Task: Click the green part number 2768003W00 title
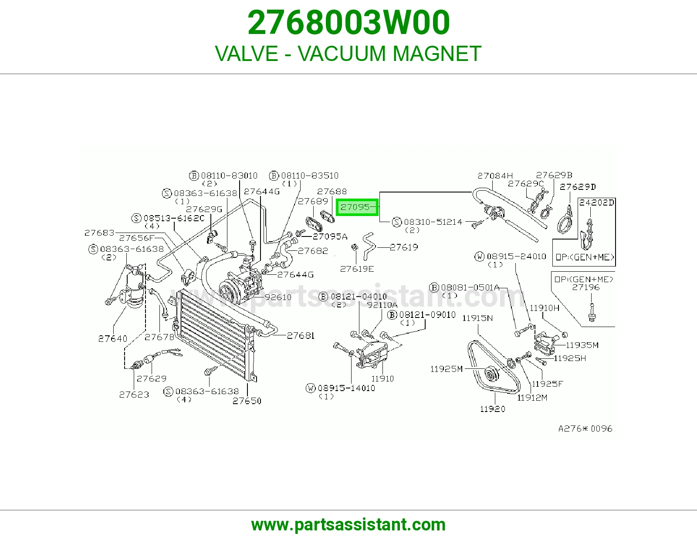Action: point(348,23)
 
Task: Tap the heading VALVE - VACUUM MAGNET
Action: point(348,53)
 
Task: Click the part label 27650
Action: point(247,401)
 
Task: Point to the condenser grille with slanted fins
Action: point(213,334)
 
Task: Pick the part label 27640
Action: point(112,339)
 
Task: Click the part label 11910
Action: point(382,379)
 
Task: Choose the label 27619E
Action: point(357,269)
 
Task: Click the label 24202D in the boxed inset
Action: point(596,202)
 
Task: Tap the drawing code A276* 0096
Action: point(585,429)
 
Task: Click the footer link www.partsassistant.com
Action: point(348,525)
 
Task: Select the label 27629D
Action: point(577,187)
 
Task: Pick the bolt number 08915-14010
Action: point(346,388)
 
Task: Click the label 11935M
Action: point(582,345)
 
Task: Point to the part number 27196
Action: point(586,287)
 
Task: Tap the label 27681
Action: point(301,336)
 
